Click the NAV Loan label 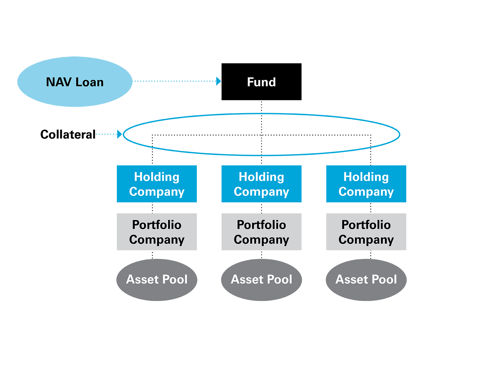[75, 82]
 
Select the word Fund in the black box [261, 82]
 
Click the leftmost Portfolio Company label [157, 232]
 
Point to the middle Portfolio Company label [261, 232]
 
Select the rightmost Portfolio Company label [366, 232]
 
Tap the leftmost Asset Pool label [157, 279]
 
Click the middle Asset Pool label [261, 279]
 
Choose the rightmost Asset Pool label [366, 279]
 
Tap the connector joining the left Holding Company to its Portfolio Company [152, 208]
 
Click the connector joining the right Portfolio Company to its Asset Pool [371, 255]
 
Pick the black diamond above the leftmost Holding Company [152, 157]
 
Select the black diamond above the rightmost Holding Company [371, 157]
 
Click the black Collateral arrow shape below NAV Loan [61, 135]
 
